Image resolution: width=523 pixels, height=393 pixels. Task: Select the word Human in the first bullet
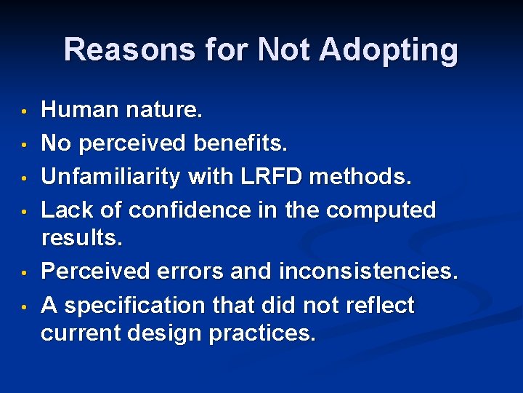pyautogui.click(x=80, y=110)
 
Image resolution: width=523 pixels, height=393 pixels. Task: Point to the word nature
pyautogui.click(x=164, y=110)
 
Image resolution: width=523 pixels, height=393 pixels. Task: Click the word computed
pyautogui.click(x=381, y=210)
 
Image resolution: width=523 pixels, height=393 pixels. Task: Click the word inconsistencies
pyautogui.click(x=370, y=271)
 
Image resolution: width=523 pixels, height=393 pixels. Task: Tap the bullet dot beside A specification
pyautogui.click(x=24, y=307)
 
